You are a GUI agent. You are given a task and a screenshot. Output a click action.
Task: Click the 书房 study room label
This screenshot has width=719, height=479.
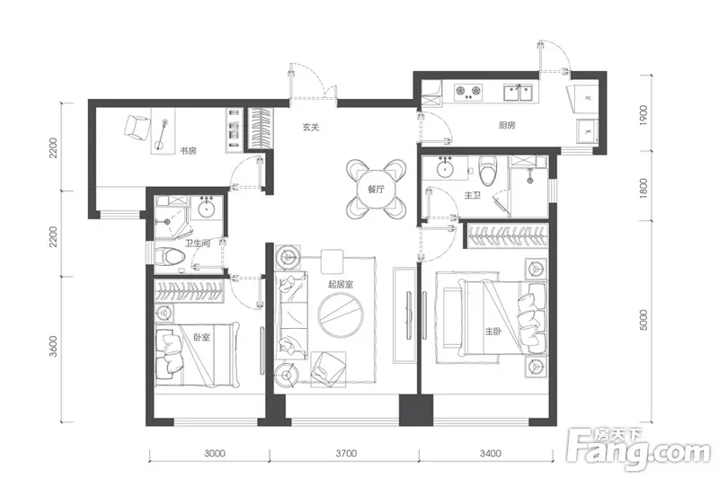coord(188,150)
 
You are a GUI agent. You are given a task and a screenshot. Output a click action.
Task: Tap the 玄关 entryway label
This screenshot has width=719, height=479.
coord(311,127)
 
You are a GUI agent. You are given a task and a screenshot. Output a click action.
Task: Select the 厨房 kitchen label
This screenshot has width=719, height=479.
coord(507,125)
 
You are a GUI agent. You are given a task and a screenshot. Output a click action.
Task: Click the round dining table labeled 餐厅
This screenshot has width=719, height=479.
coord(376,189)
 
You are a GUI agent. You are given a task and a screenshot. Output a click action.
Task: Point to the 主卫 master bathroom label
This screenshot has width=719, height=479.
coord(473,195)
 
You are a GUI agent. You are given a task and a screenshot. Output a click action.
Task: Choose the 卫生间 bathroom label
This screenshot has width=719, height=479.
coord(198,243)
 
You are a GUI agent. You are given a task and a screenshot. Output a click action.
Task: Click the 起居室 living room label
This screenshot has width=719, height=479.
coord(341,284)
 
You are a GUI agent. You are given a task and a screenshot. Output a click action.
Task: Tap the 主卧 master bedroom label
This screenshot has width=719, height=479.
coord(493,331)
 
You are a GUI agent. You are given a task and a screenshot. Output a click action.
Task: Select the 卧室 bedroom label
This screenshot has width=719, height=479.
coord(201,337)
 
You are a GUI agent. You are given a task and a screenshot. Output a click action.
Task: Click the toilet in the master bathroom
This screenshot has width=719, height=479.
coord(488,170)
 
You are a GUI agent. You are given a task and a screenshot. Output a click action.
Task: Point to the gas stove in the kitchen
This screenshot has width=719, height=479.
coord(468,93)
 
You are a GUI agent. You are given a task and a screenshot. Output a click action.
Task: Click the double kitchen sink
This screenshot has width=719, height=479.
coord(520,93)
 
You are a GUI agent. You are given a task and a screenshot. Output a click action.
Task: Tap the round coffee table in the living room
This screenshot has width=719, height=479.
coord(341,315)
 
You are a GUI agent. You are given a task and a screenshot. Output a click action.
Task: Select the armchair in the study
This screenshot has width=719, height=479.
coord(138,128)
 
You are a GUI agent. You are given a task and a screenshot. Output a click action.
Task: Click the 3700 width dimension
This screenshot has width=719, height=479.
coord(346,453)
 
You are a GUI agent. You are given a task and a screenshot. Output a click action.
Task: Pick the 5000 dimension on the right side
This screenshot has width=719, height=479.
coord(644,320)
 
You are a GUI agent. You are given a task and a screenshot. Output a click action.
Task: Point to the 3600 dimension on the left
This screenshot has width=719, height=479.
coord(54,347)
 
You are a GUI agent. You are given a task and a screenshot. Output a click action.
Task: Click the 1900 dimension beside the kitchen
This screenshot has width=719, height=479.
coord(644,116)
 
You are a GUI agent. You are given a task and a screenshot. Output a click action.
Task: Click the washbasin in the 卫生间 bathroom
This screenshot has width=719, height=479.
coord(208,209)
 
